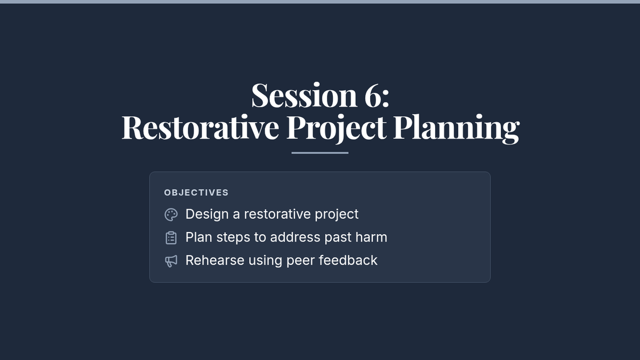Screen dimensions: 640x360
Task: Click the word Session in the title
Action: (304, 95)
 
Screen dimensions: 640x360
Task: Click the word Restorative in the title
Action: (200, 127)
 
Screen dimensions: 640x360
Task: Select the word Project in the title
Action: (337, 129)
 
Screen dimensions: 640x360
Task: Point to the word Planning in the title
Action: (457, 129)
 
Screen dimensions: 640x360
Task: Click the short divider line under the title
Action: (319, 153)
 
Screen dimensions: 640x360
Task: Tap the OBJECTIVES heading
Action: (196, 193)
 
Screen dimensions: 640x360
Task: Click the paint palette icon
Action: (171, 214)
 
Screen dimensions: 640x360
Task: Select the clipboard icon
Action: (171, 238)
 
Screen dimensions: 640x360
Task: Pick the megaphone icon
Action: (171, 261)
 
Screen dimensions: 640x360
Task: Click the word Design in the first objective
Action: (207, 214)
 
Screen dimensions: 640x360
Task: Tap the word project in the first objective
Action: (337, 215)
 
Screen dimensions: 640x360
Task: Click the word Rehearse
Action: (215, 260)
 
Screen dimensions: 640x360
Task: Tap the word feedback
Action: (348, 260)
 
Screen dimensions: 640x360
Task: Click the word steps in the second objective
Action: (233, 238)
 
